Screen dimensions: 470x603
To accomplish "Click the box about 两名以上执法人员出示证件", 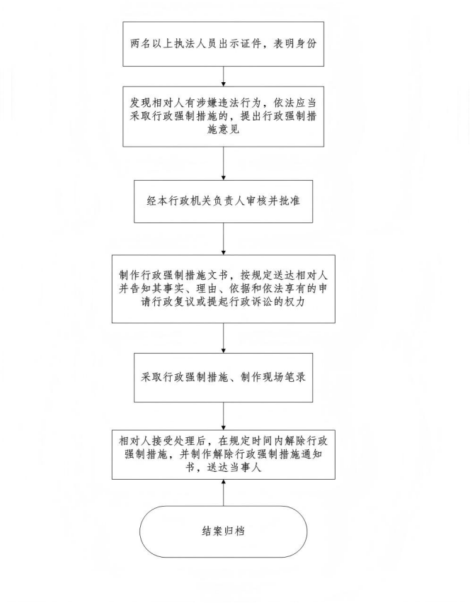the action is (223, 44).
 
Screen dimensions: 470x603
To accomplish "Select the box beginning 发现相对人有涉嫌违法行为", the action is (223, 116).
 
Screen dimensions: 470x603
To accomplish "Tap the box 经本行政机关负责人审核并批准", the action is (223, 201).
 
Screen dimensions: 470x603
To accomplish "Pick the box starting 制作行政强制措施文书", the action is (223, 289).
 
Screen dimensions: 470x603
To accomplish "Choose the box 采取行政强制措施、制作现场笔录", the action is (223, 378).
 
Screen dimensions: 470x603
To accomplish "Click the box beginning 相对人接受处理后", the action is (223, 455).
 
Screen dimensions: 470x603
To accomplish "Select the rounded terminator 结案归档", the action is (223, 531).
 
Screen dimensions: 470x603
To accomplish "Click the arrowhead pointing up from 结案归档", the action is (223, 482).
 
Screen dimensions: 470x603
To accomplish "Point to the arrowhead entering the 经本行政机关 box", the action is (223, 177).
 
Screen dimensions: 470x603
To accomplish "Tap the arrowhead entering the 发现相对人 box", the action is (223, 84).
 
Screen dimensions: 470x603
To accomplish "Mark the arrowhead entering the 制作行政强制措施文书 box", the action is (223, 252).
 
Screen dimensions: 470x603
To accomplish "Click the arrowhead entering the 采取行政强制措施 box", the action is (223, 351).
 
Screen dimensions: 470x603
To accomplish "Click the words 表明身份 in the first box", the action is (294, 44).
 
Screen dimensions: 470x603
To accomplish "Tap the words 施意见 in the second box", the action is (223, 129).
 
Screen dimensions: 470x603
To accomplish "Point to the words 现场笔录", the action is (284, 377).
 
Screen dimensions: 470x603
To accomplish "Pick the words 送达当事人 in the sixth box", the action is (234, 468).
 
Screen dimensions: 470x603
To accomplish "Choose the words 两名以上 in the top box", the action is (151, 44).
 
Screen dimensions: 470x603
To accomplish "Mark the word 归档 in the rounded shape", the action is (234, 531).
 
